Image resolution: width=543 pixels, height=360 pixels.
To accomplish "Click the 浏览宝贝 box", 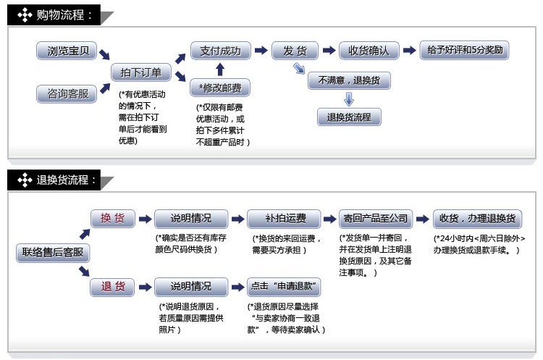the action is coord(67,51).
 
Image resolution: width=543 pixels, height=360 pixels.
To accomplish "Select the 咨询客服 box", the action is coord(67,93).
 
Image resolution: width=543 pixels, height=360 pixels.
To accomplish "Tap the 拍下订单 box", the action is coord(141,72).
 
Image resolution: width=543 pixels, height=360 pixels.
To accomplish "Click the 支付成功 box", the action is coord(221,51).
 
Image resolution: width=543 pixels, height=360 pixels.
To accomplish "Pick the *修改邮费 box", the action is coord(220,88).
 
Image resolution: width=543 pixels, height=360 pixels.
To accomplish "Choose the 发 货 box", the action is coord(295,51).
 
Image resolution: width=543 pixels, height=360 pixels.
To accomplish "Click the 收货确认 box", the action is coord(369,51).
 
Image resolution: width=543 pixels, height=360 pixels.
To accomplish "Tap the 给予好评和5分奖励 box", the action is coord(464,50).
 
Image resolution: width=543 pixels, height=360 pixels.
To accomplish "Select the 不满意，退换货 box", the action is coord(349,80).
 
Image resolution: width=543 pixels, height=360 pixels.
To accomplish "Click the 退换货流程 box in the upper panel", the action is coord(349,117).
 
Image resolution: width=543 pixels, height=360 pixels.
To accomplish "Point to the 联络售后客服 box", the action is coord(53,253).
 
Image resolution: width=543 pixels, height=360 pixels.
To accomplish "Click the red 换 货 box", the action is coord(113,218).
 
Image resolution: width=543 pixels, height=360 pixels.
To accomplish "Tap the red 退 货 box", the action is coord(112,287).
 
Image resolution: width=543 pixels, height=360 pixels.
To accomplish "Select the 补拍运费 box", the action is coord(284,219).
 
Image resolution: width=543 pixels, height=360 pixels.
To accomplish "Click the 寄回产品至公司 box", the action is coord(376,219).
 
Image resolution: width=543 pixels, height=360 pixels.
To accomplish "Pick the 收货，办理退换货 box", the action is coord(478,219).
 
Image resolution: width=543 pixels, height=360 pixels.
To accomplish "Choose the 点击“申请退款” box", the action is coord(284,287).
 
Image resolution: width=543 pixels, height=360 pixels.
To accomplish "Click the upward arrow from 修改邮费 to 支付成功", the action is coord(220,70).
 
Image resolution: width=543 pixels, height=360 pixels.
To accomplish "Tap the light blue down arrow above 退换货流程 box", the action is coord(349,99).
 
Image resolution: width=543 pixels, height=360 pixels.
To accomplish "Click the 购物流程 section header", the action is coord(54,15).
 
